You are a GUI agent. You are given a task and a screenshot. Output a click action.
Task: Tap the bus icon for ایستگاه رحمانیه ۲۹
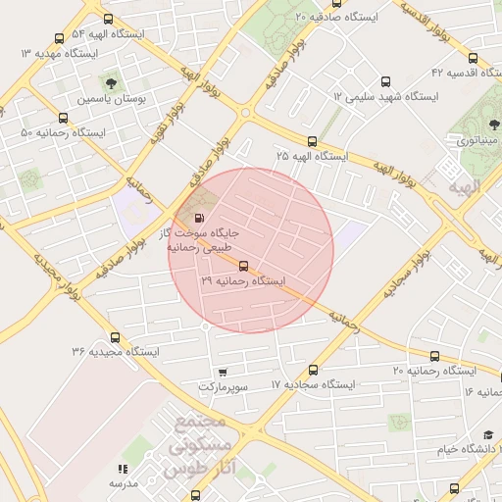pyautogui.click(x=242, y=266)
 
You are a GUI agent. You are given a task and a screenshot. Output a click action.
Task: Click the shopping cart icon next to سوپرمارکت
pyautogui.click(x=223, y=373)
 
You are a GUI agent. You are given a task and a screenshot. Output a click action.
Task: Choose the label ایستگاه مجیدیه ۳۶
pyautogui.click(x=114, y=351)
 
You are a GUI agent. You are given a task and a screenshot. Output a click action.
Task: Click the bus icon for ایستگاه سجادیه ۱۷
pyautogui.click(x=313, y=370)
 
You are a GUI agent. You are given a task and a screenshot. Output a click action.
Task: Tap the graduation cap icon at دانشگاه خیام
pyautogui.click(x=488, y=434)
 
